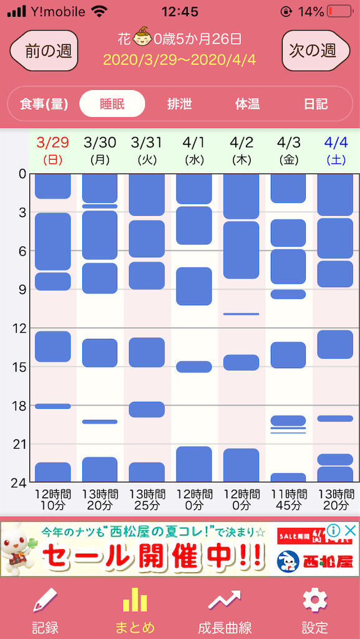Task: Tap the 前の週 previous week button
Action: pyautogui.click(x=44, y=51)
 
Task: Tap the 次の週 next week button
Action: pyautogui.click(x=316, y=51)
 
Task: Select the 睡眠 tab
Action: pyautogui.click(x=112, y=104)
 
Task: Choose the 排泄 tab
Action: pyautogui.click(x=180, y=104)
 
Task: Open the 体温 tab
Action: pyautogui.click(x=248, y=104)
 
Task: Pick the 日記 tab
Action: pyautogui.click(x=316, y=104)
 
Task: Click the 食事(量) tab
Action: pyautogui.click(x=44, y=104)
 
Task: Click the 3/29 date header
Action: pyautogui.click(x=52, y=150)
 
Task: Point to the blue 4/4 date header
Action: pyautogui.click(x=336, y=150)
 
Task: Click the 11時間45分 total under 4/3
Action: pyautogui.click(x=289, y=500)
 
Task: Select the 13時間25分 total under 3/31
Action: pyautogui.click(x=147, y=500)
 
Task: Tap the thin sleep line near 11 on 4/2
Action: pyautogui.click(x=241, y=314)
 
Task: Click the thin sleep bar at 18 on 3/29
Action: pyautogui.click(x=52, y=406)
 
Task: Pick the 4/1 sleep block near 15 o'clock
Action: pyautogui.click(x=194, y=366)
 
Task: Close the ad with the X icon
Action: pyautogui.click(x=350, y=530)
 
